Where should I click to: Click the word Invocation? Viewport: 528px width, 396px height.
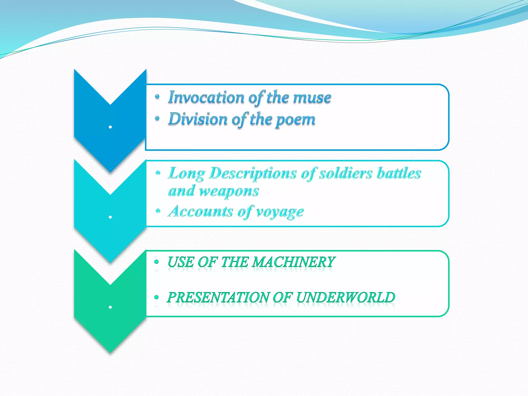(206, 98)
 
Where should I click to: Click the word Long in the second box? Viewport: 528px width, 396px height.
(186, 174)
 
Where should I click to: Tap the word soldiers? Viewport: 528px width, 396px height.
(345, 173)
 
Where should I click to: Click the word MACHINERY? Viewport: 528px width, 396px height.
(293, 262)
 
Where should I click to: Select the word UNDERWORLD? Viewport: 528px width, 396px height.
(345, 297)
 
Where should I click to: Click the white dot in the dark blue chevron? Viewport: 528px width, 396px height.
(110, 127)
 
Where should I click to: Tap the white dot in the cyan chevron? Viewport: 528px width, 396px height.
(110, 217)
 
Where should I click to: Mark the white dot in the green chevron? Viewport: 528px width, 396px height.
(110, 307)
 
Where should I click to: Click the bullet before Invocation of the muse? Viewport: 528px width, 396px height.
(157, 97)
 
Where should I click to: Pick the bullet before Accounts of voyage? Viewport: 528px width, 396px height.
(158, 211)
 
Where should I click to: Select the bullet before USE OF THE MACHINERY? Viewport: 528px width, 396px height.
(156, 262)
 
